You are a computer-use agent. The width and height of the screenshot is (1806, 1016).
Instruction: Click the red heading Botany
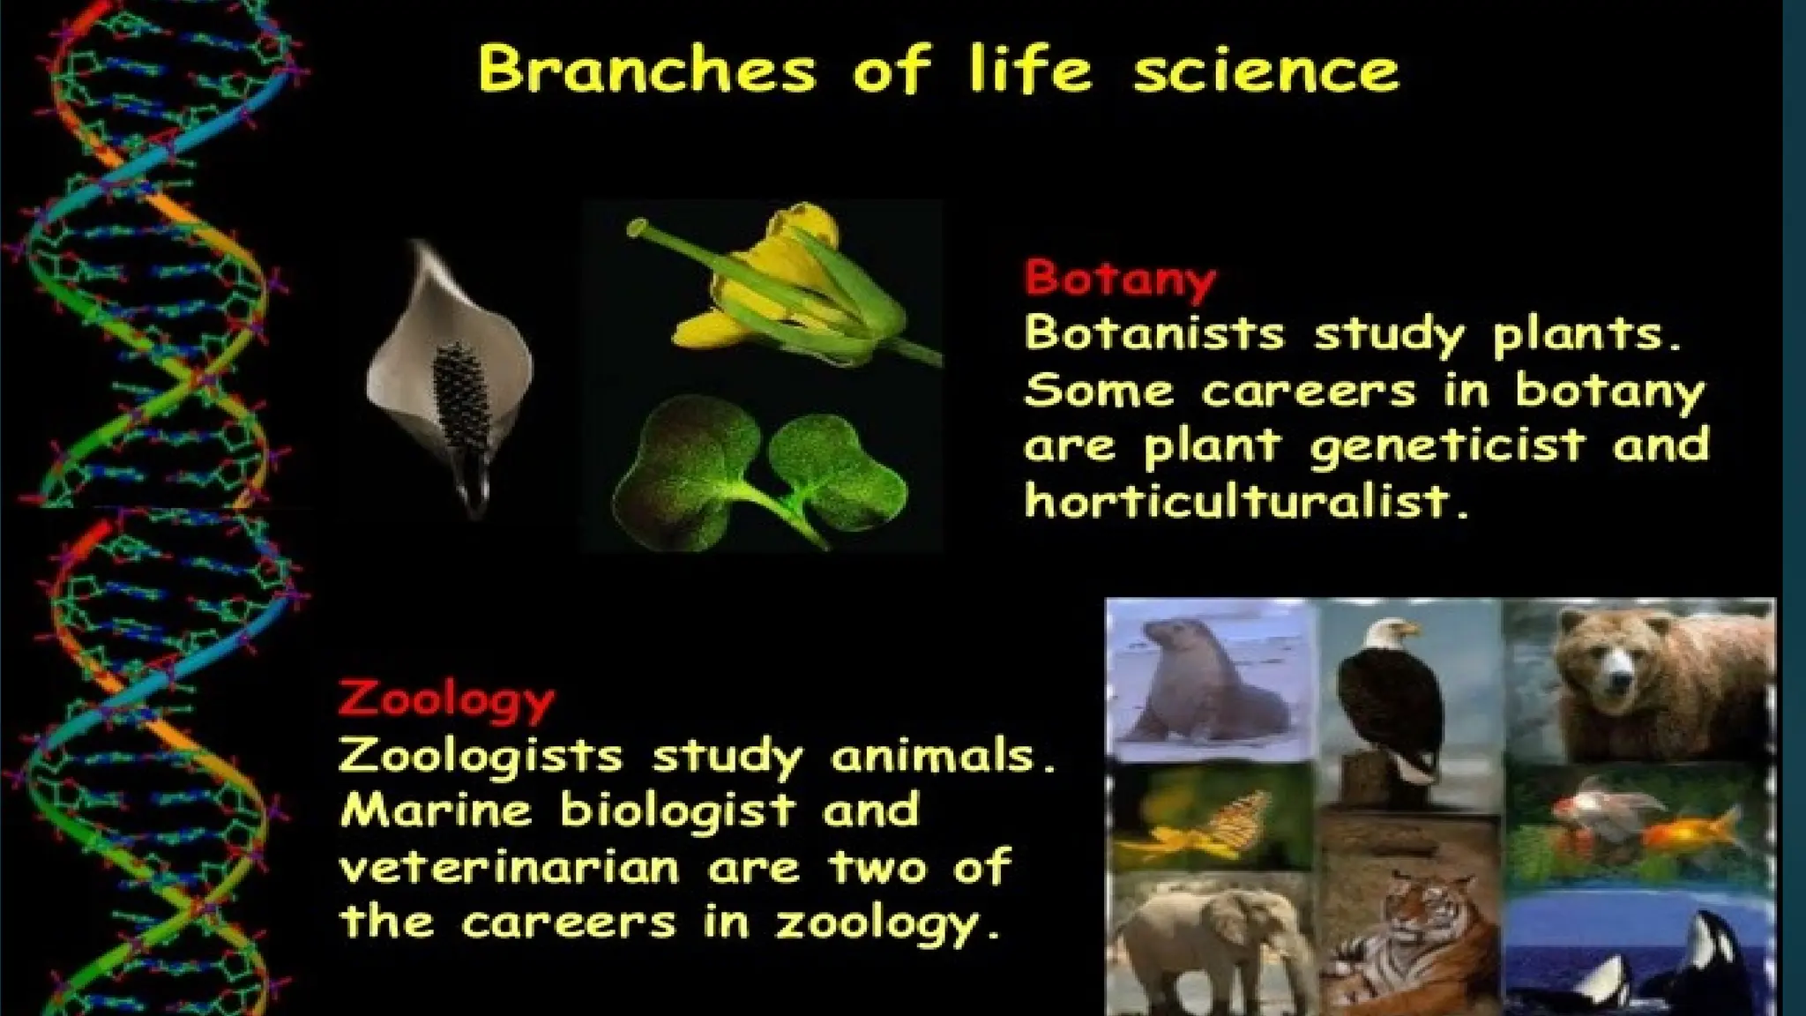pyautogui.click(x=1120, y=279)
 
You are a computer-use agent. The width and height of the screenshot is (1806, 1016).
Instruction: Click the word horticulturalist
pyautogui.click(x=1245, y=502)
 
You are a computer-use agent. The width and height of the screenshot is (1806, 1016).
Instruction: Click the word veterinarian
pyautogui.click(x=509, y=868)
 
